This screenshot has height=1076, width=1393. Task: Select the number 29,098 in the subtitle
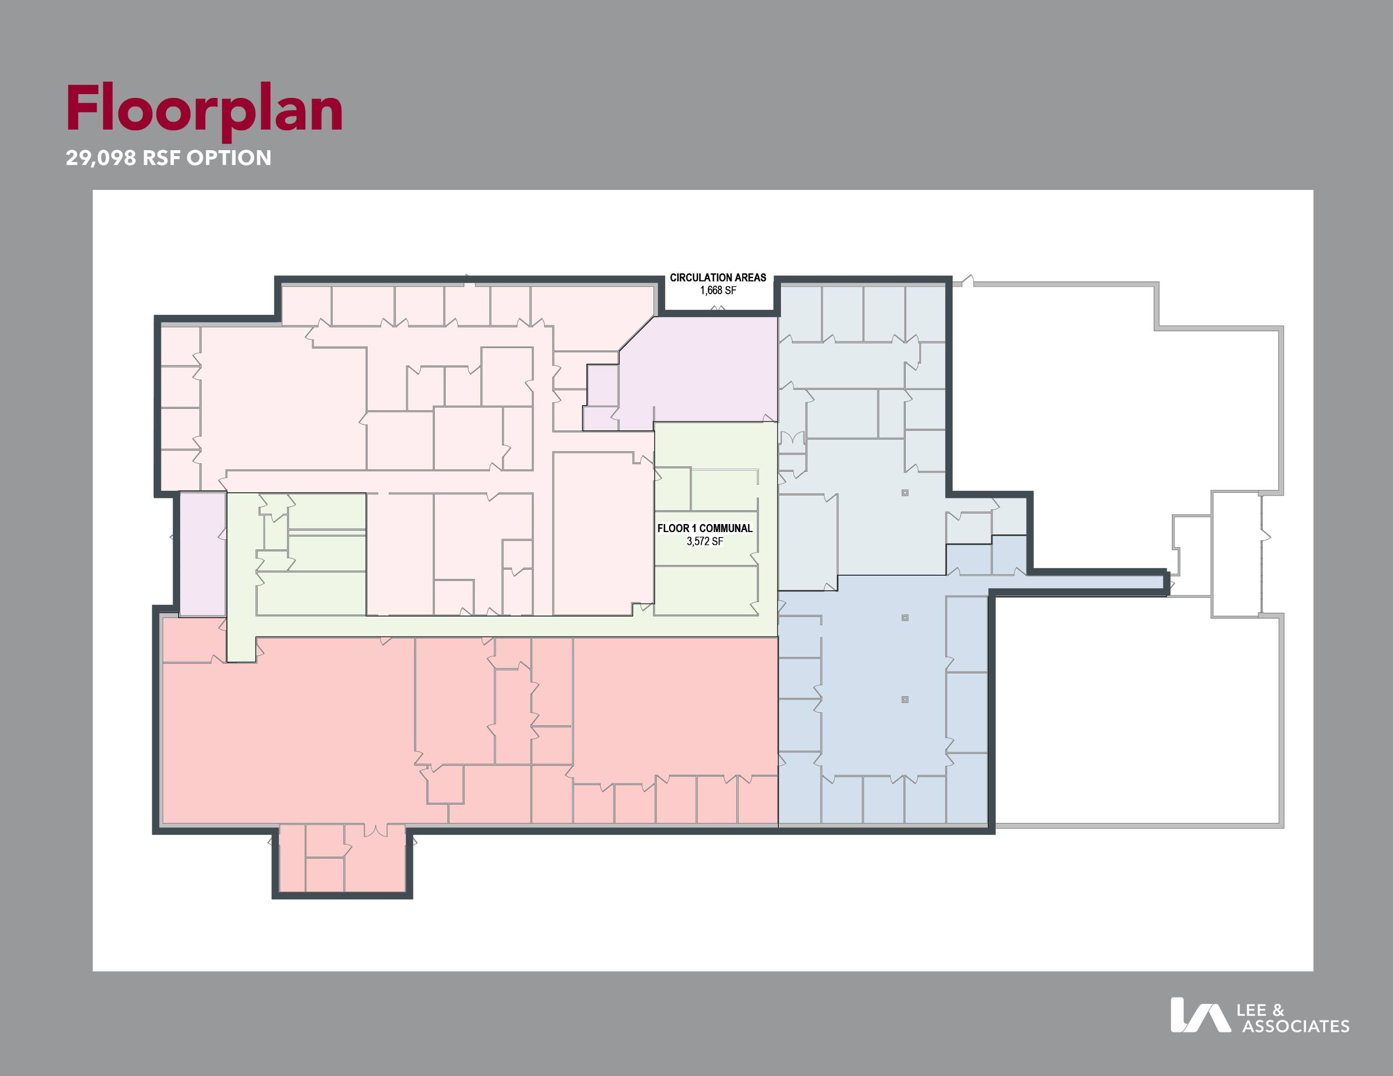(x=101, y=158)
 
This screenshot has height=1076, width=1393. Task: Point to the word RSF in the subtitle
(x=161, y=158)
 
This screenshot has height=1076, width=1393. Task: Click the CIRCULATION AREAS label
(x=717, y=277)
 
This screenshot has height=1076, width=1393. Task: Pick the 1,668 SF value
(x=718, y=291)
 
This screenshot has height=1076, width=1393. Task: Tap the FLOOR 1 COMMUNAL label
(x=705, y=528)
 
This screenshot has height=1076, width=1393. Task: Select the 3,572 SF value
(x=705, y=541)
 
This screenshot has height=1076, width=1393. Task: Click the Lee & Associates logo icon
(x=1200, y=1015)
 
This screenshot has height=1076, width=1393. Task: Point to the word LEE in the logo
(x=1251, y=1010)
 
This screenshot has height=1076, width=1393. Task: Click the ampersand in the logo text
(x=1278, y=1010)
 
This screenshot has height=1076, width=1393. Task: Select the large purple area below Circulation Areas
(x=699, y=370)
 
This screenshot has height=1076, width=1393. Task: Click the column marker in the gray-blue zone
(x=904, y=493)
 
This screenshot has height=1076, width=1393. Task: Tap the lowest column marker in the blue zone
(x=904, y=699)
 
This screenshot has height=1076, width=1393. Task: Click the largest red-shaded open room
(x=287, y=733)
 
